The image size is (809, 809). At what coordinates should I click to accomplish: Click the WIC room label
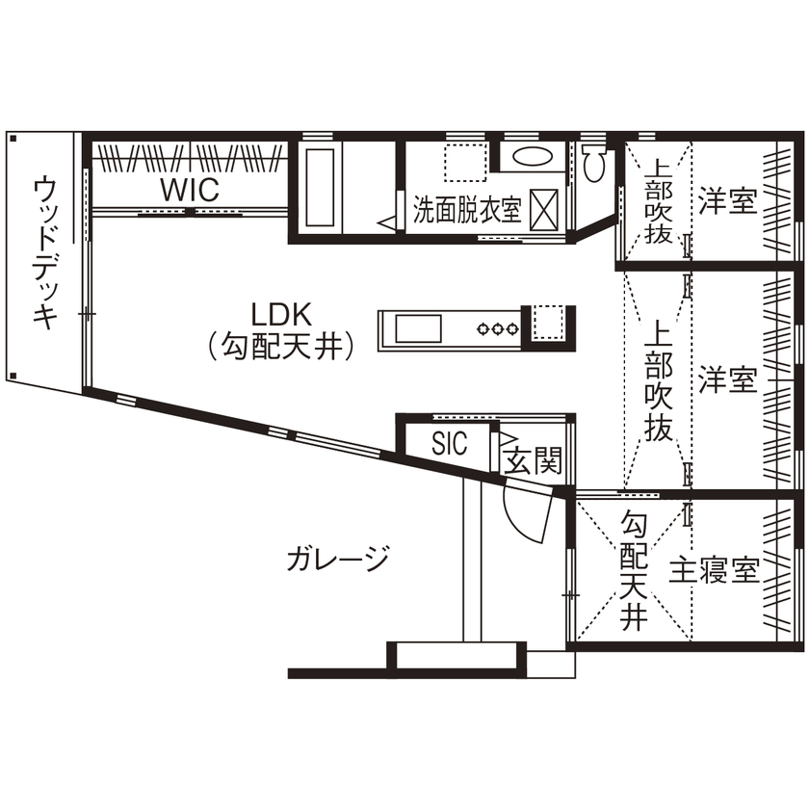tap(190, 190)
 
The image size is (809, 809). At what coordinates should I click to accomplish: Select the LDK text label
tap(278, 314)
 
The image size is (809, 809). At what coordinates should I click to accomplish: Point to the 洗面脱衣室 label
tap(467, 210)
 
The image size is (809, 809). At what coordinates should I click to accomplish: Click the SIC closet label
tap(449, 444)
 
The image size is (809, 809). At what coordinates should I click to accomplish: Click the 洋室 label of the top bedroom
tap(727, 202)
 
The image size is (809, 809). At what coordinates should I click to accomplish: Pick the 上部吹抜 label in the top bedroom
tap(658, 203)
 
